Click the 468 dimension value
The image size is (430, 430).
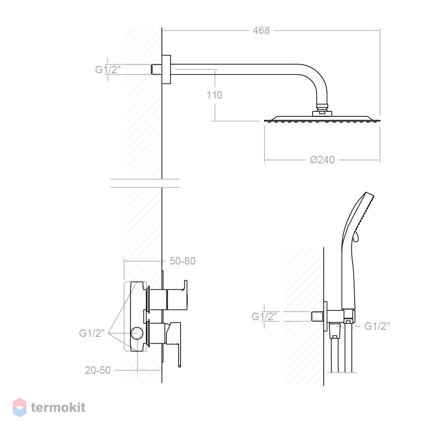coord(261,30)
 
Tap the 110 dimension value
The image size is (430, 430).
coord(214,95)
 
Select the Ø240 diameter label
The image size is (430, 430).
coord(322,160)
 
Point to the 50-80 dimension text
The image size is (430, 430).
coord(182,261)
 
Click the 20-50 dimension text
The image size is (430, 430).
coord(98,370)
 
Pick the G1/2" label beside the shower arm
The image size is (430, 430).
coord(108,70)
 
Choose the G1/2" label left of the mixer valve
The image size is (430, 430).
coord(92,333)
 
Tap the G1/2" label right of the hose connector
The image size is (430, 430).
coord(377,326)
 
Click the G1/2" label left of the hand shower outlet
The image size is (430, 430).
coord(265,317)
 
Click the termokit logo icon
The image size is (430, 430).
coord(19,408)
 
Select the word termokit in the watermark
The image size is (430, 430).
coord(58,408)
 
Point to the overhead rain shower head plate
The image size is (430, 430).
coord(322,118)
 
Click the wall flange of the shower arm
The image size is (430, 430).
coord(166,69)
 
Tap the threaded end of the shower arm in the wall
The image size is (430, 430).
coord(156,69)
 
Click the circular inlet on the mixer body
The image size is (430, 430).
coord(137,333)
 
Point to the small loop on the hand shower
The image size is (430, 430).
coord(356,236)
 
